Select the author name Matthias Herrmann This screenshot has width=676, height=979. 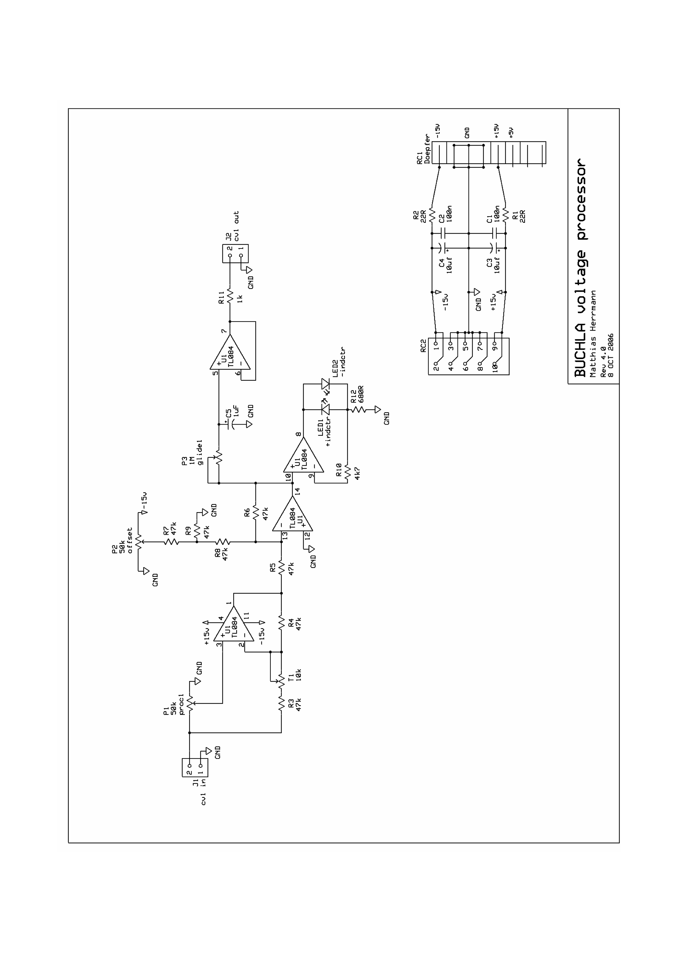[594, 333]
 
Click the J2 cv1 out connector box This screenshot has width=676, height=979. [235, 254]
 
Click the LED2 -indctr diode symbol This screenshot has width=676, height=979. [325, 384]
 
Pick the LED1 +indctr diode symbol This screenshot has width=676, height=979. [325, 409]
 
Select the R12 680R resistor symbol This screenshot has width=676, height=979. [358, 409]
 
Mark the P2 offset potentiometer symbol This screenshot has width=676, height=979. [139, 541]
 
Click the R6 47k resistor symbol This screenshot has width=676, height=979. [256, 513]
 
